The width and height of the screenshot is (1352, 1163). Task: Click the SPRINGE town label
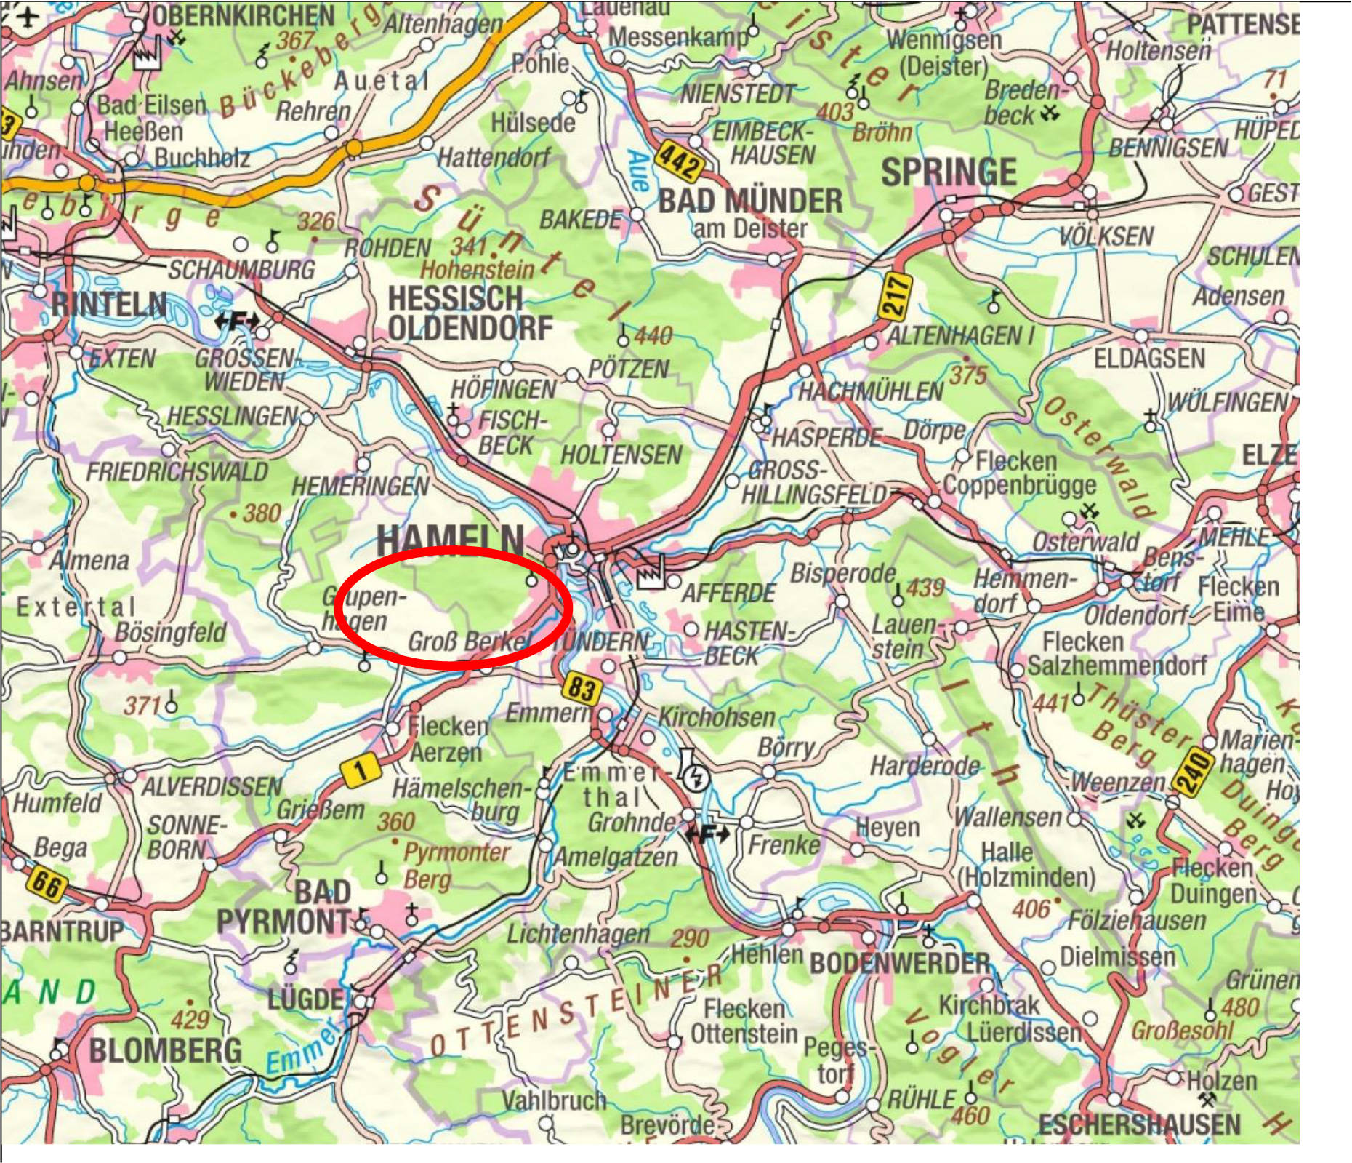click(x=949, y=173)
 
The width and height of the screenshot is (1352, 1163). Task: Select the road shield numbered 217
click(x=897, y=295)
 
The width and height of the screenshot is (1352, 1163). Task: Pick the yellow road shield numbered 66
click(x=47, y=885)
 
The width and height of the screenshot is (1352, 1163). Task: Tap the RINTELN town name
click(x=109, y=304)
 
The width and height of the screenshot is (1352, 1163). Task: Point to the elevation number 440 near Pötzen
click(x=653, y=336)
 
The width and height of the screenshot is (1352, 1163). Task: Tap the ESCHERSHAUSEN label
click(x=1139, y=1125)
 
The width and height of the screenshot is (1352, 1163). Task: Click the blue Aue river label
click(x=637, y=171)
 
